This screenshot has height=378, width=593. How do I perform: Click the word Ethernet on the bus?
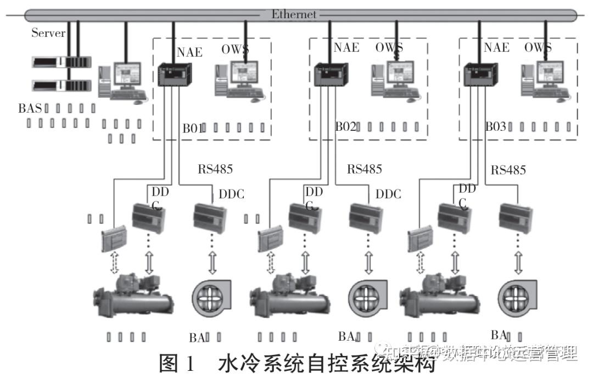294,14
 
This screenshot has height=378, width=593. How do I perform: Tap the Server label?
48,34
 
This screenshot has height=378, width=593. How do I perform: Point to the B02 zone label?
346,127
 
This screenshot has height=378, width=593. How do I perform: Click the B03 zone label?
495,127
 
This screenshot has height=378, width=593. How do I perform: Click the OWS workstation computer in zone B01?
239,80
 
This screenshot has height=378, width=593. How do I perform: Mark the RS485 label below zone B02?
364,169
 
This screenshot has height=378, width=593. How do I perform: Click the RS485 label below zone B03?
508,170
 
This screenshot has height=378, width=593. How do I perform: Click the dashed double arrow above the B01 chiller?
114,263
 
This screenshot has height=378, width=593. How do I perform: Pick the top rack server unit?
60,62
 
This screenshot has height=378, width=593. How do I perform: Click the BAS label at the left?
30,108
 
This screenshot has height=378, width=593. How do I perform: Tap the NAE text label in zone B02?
346,47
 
